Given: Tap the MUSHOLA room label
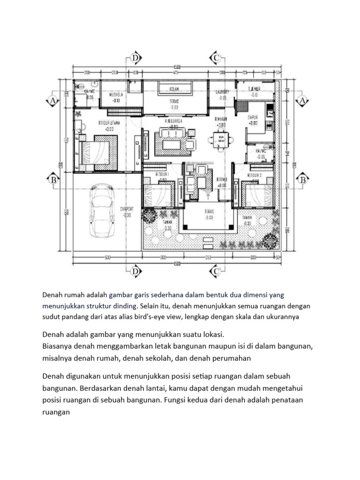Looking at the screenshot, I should click(115, 94).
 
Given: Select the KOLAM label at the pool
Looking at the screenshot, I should click(174, 88).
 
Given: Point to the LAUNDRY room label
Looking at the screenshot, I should click(222, 92).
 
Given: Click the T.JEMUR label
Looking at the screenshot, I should click(254, 89).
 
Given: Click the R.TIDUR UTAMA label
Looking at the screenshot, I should click(107, 123).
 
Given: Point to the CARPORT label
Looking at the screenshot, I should click(127, 209).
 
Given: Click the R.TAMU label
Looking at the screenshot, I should click(222, 180).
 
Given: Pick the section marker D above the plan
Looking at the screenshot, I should click(135, 58).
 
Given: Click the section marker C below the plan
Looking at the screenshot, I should click(216, 271).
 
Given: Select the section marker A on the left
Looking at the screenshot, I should click(53, 101).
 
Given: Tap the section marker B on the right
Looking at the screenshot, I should click(302, 180).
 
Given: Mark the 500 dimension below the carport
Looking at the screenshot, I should click(107, 257).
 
